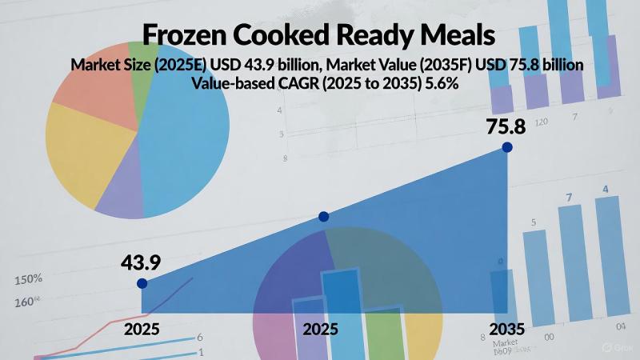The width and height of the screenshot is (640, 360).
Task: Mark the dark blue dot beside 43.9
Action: [142, 283]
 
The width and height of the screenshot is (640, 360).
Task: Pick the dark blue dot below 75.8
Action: [506, 147]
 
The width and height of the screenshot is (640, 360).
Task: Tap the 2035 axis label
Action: [507, 329]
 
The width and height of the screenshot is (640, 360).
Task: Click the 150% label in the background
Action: [28, 279]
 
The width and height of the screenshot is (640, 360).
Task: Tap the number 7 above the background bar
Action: [570, 197]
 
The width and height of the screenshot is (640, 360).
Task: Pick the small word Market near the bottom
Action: [506, 342]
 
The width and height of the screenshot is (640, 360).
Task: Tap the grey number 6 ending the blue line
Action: [200, 337]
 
